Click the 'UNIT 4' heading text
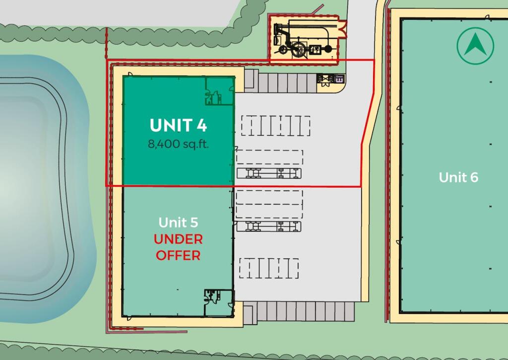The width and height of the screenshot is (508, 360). (x=178, y=126)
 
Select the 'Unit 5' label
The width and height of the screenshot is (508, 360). (x=178, y=222)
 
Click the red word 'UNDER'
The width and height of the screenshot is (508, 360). (x=178, y=239)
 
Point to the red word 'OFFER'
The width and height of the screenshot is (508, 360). (x=178, y=256)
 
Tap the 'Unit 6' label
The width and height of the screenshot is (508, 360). (x=458, y=177)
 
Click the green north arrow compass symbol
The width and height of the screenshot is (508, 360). (x=475, y=46)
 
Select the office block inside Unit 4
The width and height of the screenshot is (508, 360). (x=219, y=91)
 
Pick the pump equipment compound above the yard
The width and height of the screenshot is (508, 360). (x=303, y=39)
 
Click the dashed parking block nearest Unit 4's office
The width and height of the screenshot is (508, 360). (x=275, y=126)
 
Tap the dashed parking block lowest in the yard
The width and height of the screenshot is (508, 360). (x=269, y=268)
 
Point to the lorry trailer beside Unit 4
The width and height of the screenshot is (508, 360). (x=269, y=173)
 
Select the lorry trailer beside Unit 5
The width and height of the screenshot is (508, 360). (x=269, y=226)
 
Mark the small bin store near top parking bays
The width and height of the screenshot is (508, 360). (x=331, y=79)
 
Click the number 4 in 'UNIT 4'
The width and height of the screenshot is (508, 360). (x=201, y=126)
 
